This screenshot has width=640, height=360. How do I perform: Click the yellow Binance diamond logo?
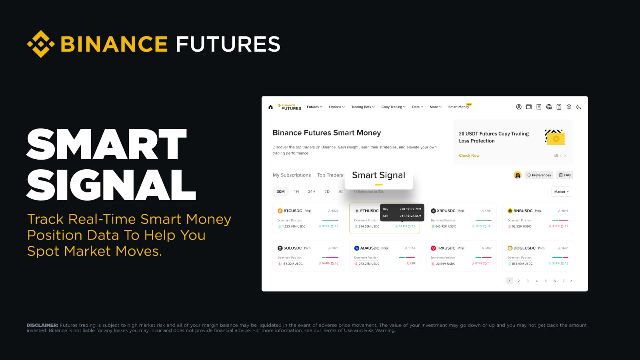[41, 44]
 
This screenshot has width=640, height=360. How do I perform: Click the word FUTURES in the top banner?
[228, 44]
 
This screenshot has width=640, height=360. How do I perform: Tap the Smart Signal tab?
[378, 175]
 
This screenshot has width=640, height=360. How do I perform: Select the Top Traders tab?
[330, 175]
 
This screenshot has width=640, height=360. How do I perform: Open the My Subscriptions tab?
[292, 175]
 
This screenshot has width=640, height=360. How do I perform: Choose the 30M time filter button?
[280, 192]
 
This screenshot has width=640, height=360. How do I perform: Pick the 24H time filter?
[312, 192]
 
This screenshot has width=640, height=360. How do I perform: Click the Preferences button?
[539, 175]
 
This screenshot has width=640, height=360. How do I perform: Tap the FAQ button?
[565, 175]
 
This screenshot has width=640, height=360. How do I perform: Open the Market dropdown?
[562, 192]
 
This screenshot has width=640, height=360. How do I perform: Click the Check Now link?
[469, 156]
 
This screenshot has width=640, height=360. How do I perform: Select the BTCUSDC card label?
[292, 211]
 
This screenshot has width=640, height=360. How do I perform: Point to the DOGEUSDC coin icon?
[510, 248]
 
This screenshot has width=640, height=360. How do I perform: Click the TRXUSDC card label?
[446, 248]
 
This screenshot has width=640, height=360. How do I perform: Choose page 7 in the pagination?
[564, 281]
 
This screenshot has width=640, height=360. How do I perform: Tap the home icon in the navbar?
[270, 107]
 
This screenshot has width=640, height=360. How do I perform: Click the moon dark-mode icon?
[579, 107]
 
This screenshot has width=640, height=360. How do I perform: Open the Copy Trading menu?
[393, 107]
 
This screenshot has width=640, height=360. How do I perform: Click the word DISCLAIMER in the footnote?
[42, 325]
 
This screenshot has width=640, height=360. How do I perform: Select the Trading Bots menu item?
[363, 107]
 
